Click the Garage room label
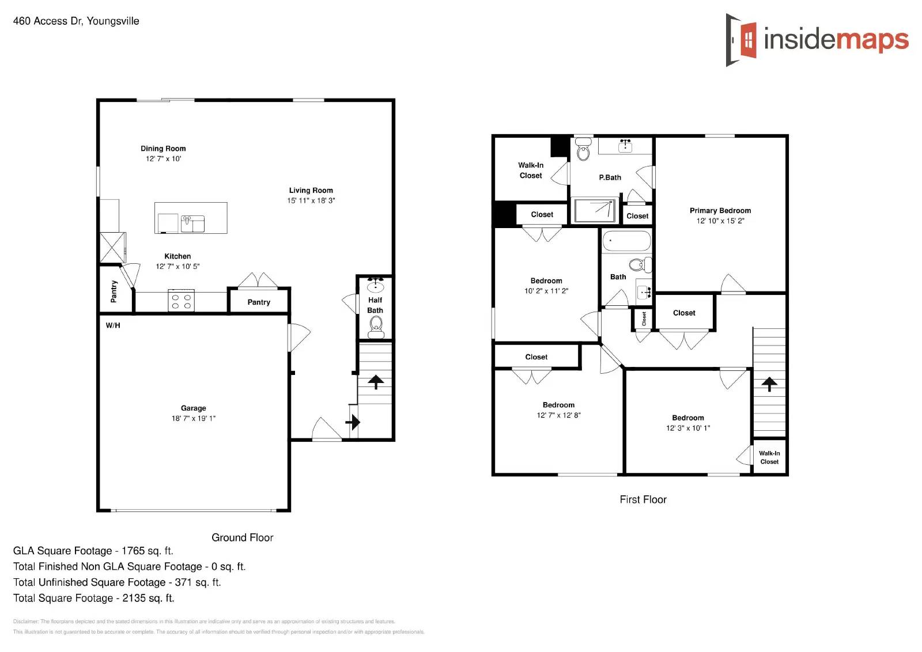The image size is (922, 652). (193, 408)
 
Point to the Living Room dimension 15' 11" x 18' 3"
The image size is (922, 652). (311, 200)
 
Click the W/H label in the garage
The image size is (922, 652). (113, 325)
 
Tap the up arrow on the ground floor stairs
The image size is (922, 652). (376, 381)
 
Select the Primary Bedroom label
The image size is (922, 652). (720, 211)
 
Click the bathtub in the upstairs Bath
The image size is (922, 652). (626, 241)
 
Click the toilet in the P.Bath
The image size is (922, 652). (583, 151)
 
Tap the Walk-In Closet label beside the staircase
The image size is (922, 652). (769, 457)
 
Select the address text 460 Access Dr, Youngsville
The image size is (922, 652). (76, 21)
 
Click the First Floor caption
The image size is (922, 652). (643, 500)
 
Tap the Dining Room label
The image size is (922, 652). (163, 149)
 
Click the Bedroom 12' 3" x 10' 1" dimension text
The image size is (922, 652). (688, 428)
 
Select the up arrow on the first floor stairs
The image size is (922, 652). (769, 384)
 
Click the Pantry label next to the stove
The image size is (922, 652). (259, 302)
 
